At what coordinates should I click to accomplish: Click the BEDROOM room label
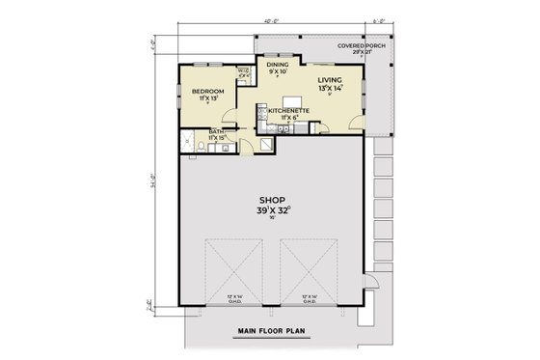click(208, 92)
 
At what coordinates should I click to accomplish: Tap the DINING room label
click(278, 64)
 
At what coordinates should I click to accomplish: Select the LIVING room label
click(330, 80)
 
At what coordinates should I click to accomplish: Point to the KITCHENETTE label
click(288, 111)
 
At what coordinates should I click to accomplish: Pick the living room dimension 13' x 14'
click(330, 88)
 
